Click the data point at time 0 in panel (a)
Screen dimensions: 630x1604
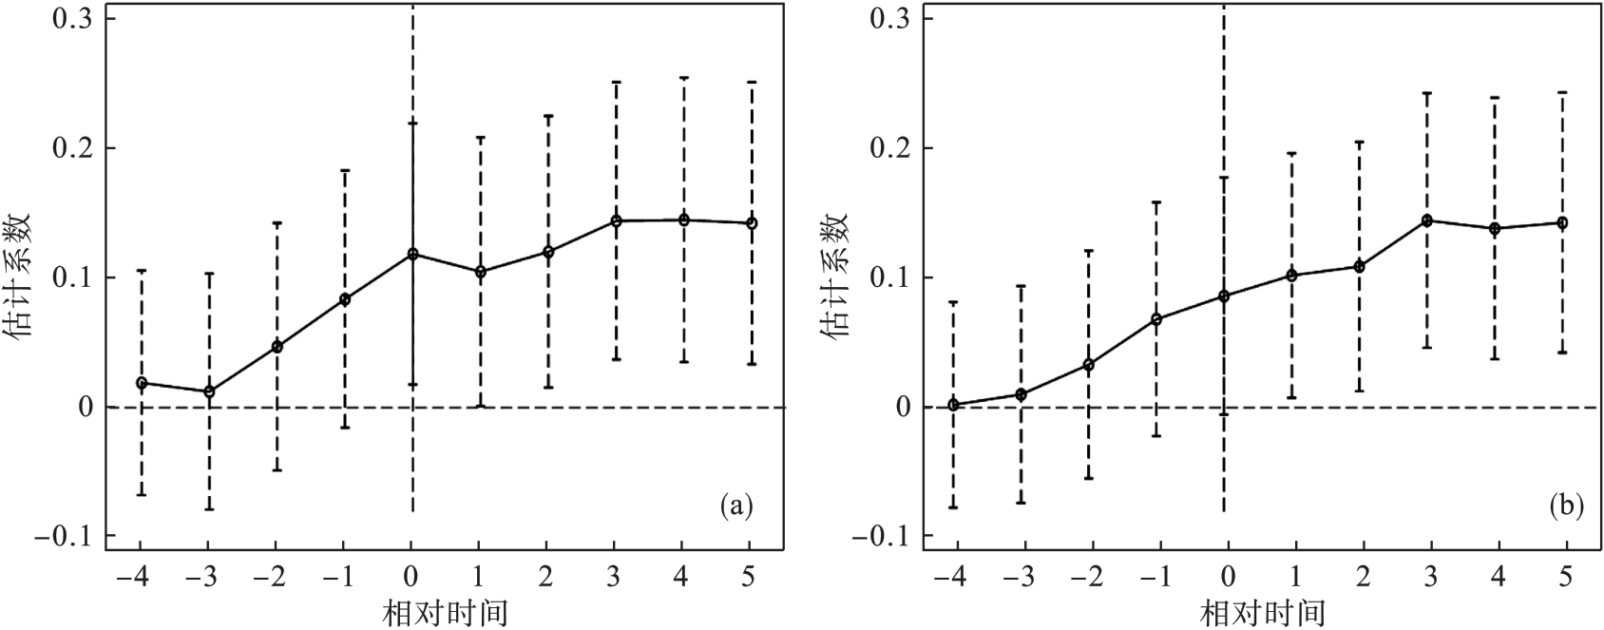(412, 254)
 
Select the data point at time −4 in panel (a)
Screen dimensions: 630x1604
(142, 383)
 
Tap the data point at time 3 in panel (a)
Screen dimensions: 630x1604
(616, 220)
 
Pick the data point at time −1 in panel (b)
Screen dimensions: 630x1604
(1156, 319)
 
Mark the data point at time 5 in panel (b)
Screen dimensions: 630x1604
(1562, 222)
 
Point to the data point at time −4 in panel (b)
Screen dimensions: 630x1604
(953, 405)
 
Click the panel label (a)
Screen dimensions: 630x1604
(736, 506)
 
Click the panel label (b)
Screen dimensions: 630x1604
(1566, 506)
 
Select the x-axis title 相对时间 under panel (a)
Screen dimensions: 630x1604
(445, 613)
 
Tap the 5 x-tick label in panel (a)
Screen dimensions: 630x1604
(750, 579)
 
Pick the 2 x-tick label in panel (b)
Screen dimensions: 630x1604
(1361, 579)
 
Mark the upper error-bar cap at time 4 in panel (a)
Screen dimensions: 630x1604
(683, 78)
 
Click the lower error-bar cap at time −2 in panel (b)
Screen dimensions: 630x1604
(1089, 478)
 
